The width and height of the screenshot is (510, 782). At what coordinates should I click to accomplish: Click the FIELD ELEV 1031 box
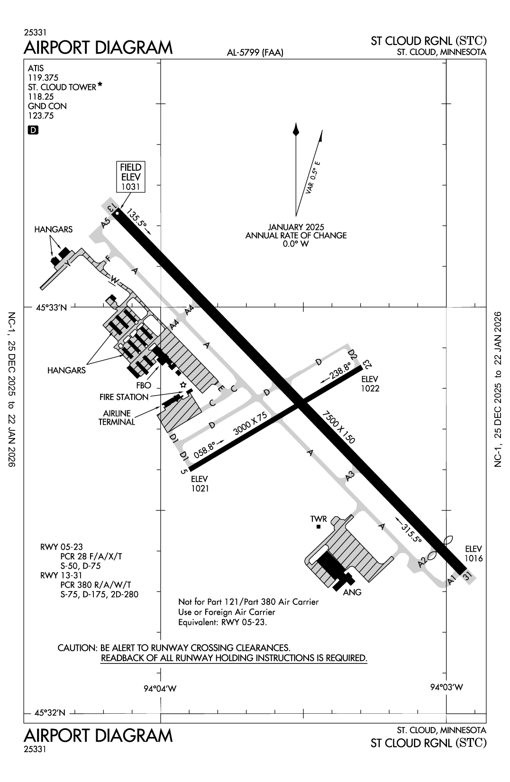pyautogui.click(x=131, y=177)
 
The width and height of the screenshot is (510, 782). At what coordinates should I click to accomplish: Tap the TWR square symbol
pyautogui.click(x=319, y=527)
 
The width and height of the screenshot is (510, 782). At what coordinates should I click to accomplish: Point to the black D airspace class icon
pyautogui.click(x=33, y=130)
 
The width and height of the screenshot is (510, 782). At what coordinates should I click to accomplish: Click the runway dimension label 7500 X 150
pyautogui.click(x=338, y=427)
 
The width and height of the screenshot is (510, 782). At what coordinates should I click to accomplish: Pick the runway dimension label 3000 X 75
pyautogui.click(x=251, y=424)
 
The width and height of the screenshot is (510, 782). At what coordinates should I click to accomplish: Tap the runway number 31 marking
pyautogui.click(x=467, y=576)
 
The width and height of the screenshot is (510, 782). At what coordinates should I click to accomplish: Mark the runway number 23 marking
pyautogui.click(x=366, y=364)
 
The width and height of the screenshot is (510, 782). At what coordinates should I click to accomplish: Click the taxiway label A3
pyautogui.click(x=350, y=476)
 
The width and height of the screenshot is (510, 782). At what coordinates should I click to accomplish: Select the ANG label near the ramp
pyautogui.click(x=353, y=592)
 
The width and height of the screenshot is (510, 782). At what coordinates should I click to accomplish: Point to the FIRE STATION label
pyautogui.click(x=124, y=397)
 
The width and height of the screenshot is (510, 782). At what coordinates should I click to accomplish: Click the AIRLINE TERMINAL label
pyautogui.click(x=117, y=418)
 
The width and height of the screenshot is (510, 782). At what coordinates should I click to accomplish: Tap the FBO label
pyautogui.click(x=143, y=385)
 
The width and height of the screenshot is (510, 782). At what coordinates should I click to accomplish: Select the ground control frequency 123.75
pyautogui.click(x=41, y=116)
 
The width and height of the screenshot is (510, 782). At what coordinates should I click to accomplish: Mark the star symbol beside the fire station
pyautogui.click(x=183, y=384)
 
